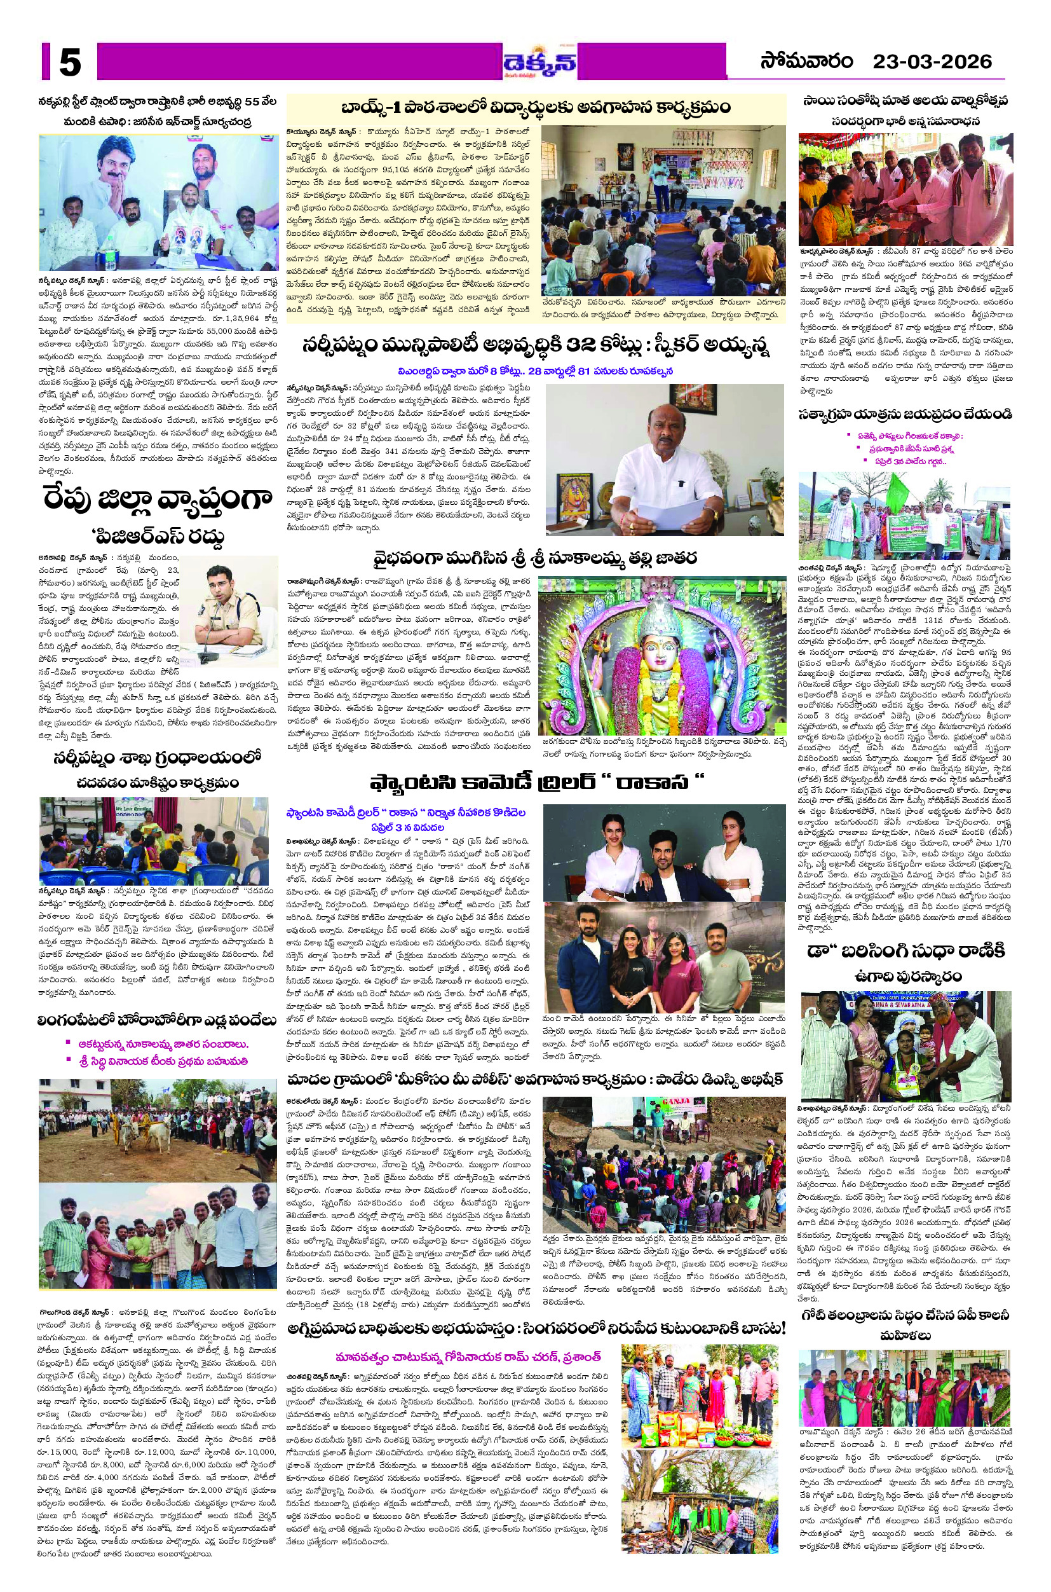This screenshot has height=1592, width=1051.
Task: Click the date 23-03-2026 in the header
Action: click(932, 62)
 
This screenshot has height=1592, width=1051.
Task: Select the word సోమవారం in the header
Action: click(806, 62)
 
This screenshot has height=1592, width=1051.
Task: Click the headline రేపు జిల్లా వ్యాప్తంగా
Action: click(158, 500)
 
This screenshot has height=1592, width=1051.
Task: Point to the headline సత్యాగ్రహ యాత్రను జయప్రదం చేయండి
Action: click(905, 414)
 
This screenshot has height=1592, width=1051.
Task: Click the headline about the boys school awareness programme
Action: click(536, 107)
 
